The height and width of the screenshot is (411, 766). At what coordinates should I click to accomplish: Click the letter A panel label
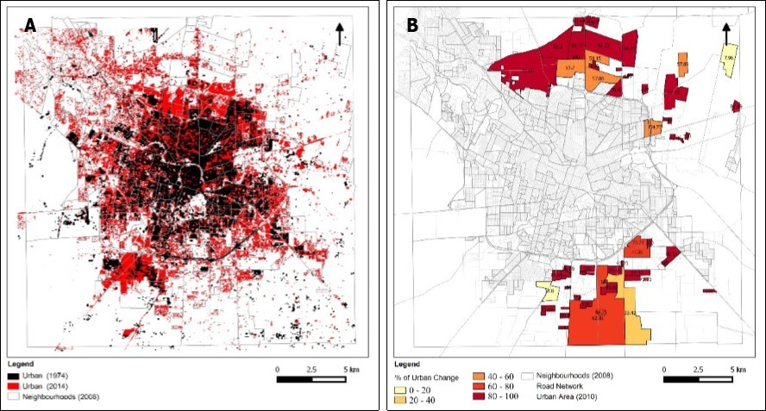click(30, 26)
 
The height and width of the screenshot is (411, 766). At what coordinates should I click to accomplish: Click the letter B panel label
click(412, 26)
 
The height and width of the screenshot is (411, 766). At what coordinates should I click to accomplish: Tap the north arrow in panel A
click(340, 33)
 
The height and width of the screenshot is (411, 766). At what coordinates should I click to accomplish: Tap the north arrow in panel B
click(726, 33)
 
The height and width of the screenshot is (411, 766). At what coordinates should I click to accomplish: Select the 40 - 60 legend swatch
click(480, 377)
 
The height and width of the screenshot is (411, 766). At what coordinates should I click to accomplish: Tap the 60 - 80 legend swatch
click(480, 388)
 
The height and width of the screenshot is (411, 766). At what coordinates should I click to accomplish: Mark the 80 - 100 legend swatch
click(480, 399)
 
